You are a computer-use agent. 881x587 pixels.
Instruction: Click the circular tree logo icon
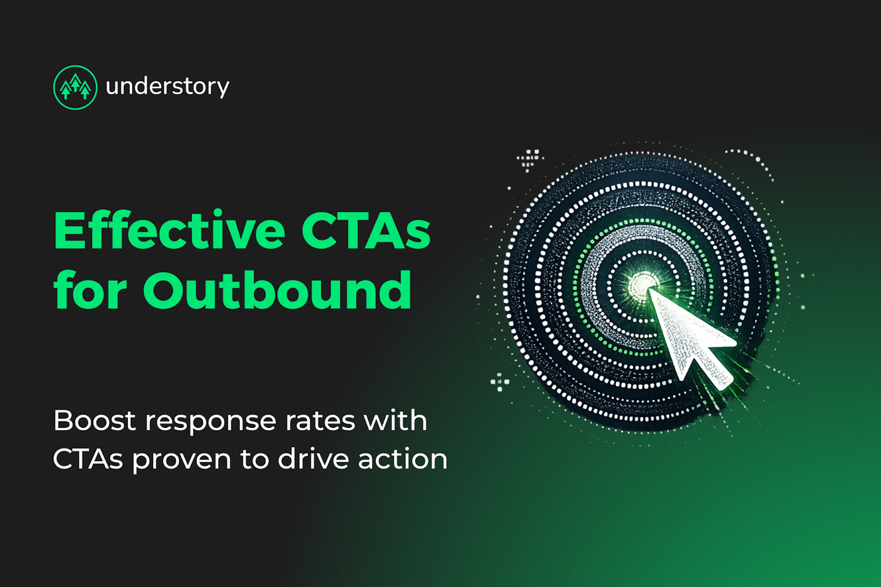[75, 88]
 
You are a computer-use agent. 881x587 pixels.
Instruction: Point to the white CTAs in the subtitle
[88, 459]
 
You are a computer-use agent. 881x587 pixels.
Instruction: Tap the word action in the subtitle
[403, 459]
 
